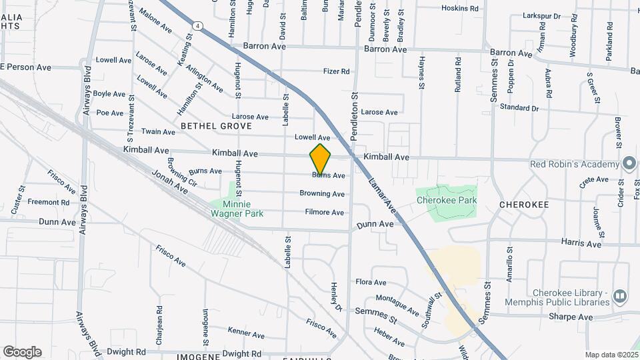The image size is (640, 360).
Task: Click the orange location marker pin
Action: click(321, 159)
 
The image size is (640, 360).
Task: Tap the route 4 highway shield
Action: click(199, 25)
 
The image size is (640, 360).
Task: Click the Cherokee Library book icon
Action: click(620, 295)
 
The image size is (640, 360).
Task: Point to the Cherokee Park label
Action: click(446, 199)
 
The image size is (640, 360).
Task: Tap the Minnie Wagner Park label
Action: click(237, 209)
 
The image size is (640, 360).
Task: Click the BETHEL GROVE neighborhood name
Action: click(216, 126)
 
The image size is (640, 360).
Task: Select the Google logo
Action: click(22, 352)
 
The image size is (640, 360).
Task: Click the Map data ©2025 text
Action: click(611, 355)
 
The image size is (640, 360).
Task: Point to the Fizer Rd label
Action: click(336, 71)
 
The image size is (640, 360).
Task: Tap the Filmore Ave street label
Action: click(324, 213)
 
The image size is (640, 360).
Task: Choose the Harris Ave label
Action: click(581, 244)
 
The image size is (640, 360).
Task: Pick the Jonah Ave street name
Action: click(170, 181)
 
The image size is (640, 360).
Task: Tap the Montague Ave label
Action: click(397, 306)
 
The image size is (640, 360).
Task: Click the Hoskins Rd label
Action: click(460, 9)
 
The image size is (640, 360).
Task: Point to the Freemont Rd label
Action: click(49, 201)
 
